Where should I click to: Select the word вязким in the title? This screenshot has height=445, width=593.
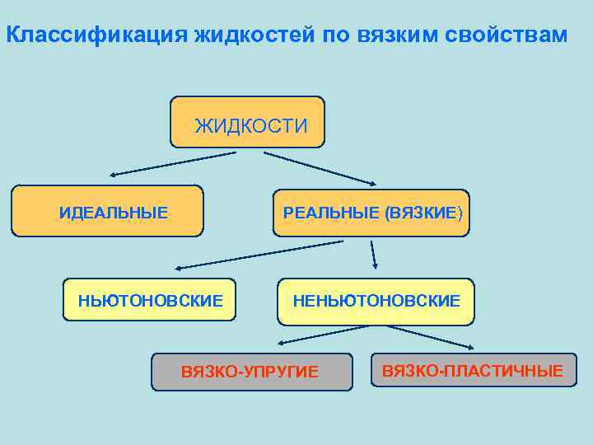pos(399,35)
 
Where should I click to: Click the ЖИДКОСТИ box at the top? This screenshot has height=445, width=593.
pos(248,123)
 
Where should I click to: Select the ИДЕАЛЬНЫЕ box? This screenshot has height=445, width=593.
pos(108,211)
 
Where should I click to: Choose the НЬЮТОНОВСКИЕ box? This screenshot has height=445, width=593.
pos(150,300)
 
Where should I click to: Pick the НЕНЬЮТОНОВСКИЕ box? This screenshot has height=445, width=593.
pos(376,301)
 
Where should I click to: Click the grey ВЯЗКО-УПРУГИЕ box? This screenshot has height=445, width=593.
pos(250,372)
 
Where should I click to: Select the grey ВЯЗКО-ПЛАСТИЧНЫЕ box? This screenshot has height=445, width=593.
pos(474,370)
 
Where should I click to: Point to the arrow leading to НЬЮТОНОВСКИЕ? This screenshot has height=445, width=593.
pos(259,255)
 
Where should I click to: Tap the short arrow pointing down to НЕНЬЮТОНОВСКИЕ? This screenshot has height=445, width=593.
pos(373,255)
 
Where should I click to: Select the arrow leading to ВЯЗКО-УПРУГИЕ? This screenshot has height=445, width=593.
pos(321,335)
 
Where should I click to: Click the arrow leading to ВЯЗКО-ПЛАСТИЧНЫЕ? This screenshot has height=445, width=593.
pos(420,335)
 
